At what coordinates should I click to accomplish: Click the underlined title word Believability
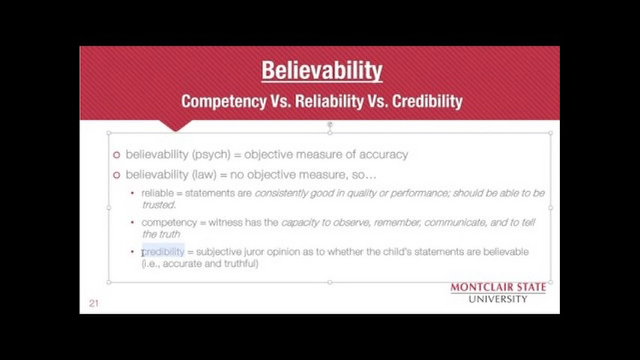pos(322,70)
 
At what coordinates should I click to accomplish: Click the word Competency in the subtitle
pos(224,101)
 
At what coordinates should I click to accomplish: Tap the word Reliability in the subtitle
pos(329,101)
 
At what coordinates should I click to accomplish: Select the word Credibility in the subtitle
pos(428,101)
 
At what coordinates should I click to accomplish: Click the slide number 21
pos(94,303)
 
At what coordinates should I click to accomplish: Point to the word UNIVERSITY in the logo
pos(497,299)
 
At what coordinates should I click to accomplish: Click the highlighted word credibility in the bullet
pos(164,251)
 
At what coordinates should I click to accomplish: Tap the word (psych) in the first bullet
pos(211,154)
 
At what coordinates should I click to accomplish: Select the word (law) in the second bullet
pos(204,175)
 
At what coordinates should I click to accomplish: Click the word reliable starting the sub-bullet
pos(158,193)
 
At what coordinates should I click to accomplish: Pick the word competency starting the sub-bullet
pos(169,223)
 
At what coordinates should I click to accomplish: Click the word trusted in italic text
pos(159,205)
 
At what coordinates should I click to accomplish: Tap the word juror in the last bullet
pos(254,252)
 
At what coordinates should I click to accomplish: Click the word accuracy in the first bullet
pos(383,155)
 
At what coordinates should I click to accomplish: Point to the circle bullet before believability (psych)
pos(117,155)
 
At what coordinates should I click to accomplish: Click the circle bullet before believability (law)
pos(117,175)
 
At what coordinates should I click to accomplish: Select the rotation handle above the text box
pos(330,124)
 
